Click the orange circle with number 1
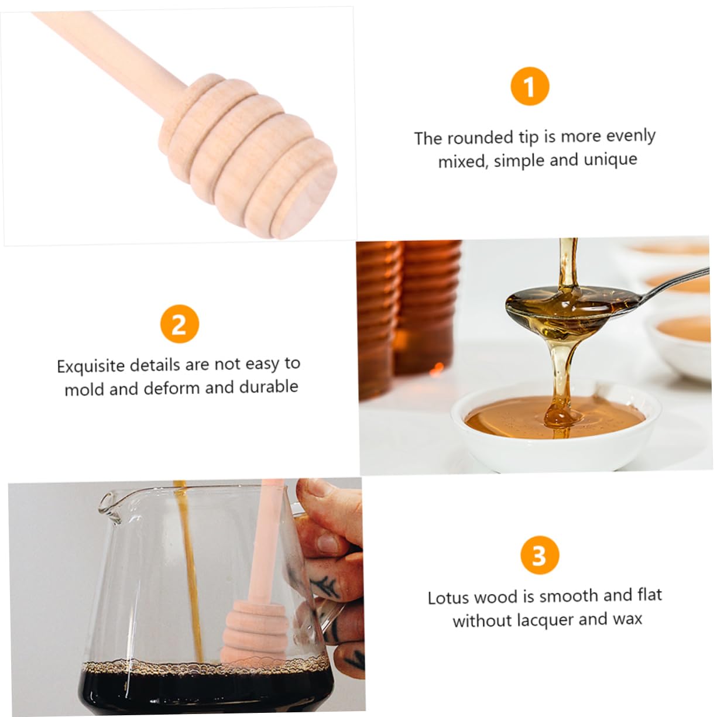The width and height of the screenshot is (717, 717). pos(530,87)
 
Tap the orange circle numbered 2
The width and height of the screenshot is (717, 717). pos(179,324)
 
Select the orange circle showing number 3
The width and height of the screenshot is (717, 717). pos(540,555)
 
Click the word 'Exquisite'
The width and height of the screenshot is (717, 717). pos(90,366)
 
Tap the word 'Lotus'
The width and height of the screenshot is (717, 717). pos(448,598)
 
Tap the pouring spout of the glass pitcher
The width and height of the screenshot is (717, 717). pos(108,503)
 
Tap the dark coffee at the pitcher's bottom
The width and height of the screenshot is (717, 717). pos(205,691)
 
